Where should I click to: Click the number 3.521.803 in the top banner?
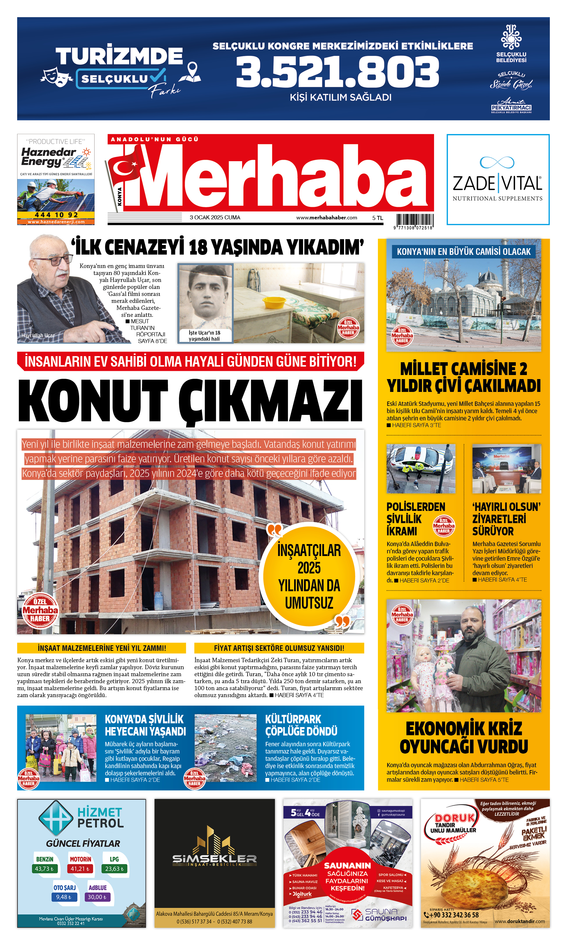337,72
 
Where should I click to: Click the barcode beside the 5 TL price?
415,220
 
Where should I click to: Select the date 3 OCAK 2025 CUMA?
215,217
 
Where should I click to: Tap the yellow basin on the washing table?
274,303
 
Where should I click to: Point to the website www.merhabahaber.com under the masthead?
326,217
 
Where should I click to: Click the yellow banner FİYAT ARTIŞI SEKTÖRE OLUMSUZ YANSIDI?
279,648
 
